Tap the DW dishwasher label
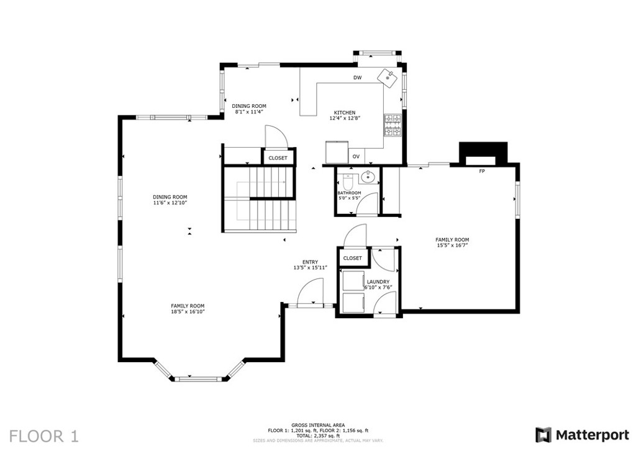[357, 78]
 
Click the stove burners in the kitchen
[393, 126]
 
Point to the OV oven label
[356, 157]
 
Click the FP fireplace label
[481, 171]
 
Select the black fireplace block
[483, 153]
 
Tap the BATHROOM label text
[349, 193]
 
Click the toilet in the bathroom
[347, 182]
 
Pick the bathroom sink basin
[368, 177]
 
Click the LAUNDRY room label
[378, 282]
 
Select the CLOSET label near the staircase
[278, 158]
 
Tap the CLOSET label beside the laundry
[352, 258]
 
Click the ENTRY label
[310, 262]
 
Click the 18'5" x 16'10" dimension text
[188, 311]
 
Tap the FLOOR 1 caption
[43, 435]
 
